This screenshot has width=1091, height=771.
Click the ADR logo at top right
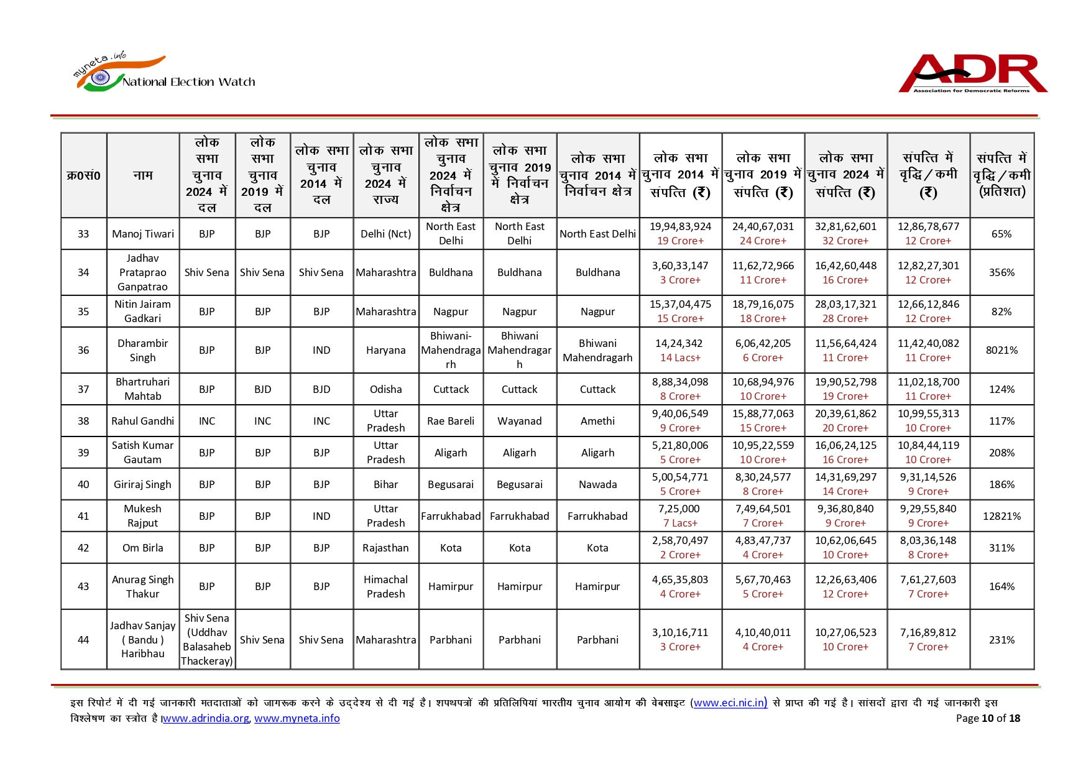coord(972,74)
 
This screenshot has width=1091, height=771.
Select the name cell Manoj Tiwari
coord(143,234)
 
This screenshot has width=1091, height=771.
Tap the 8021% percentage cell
coord(1001,350)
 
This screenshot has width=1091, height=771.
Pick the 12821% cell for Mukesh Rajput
coord(1001,516)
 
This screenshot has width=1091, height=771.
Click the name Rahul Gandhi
coord(143,421)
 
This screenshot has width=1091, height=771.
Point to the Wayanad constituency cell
coord(519,421)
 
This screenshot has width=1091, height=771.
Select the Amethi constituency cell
coord(597,421)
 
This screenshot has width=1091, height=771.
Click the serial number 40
coord(83,484)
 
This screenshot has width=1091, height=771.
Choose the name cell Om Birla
coord(143,548)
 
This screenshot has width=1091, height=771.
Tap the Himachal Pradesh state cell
coord(385,586)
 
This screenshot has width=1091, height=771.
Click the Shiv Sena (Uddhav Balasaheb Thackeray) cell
coord(207,639)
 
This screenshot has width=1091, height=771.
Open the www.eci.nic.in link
coord(730,703)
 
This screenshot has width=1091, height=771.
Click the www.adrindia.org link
coord(206,718)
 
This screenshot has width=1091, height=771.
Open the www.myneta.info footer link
coord(297,718)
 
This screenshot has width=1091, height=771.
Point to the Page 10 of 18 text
coord(988,718)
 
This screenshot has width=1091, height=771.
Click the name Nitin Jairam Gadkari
coord(143,312)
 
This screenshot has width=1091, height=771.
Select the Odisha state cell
coord(385,389)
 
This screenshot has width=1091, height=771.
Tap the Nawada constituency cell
coord(597,484)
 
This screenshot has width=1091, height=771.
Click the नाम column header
coord(143,175)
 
